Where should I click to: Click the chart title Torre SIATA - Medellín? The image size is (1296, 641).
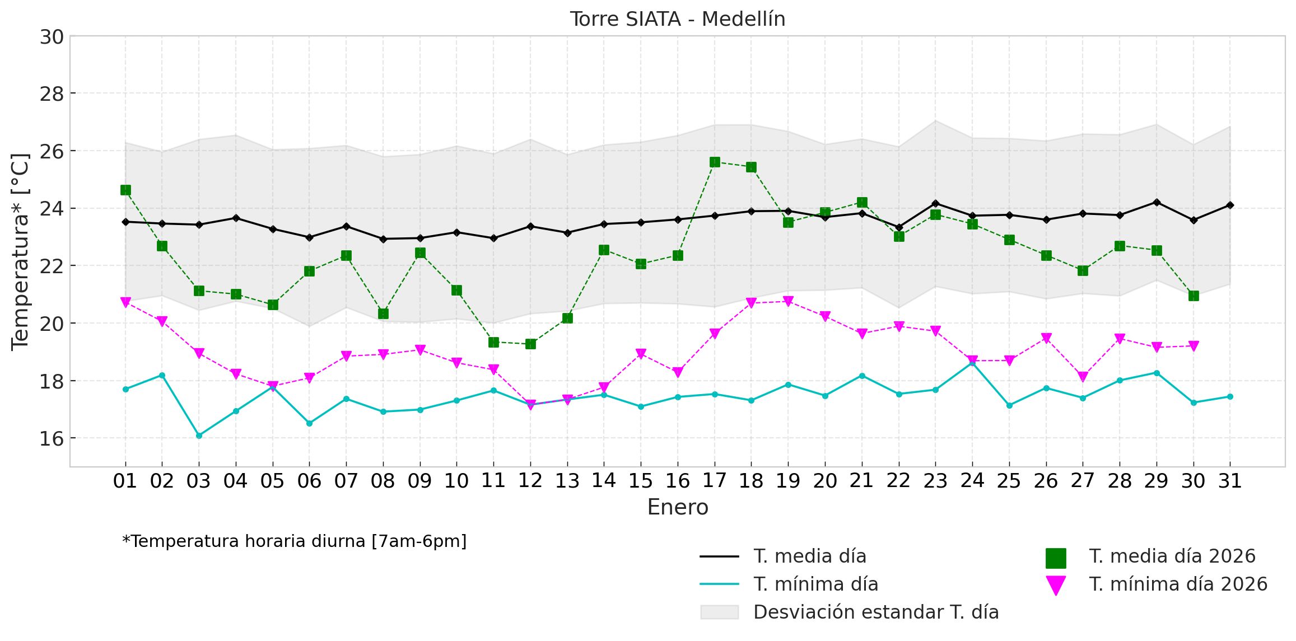pyautogui.click(x=677, y=19)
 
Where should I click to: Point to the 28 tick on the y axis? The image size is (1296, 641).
pyautogui.click(x=52, y=94)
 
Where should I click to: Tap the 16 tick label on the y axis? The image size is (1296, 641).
pyautogui.click(x=52, y=439)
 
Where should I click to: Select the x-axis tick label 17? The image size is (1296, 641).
pyautogui.click(x=714, y=481)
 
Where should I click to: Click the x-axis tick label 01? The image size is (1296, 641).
pyautogui.click(x=125, y=481)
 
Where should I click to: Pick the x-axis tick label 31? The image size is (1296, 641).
pyautogui.click(x=1230, y=481)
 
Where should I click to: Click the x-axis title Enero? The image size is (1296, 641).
pyautogui.click(x=677, y=508)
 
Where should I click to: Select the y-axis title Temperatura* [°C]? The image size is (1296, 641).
pyautogui.click(x=20, y=252)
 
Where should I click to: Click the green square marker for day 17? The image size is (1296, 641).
pyautogui.click(x=715, y=162)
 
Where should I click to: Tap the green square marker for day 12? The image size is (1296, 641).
pyautogui.click(x=530, y=344)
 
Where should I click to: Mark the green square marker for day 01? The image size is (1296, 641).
pyautogui.click(x=125, y=190)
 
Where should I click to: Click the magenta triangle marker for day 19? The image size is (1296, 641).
pyautogui.click(x=788, y=301)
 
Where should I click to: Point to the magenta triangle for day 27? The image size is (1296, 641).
pyautogui.click(x=1083, y=377)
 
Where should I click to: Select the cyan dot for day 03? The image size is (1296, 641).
pyautogui.click(x=199, y=435)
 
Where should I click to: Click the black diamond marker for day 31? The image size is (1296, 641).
pyautogui.click(x=1230, y=205)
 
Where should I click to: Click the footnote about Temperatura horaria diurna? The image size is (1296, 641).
pyautogui.click(x=294, y=541)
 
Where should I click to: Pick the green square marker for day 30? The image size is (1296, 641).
pyautogui.click(x=1194, y=296)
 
